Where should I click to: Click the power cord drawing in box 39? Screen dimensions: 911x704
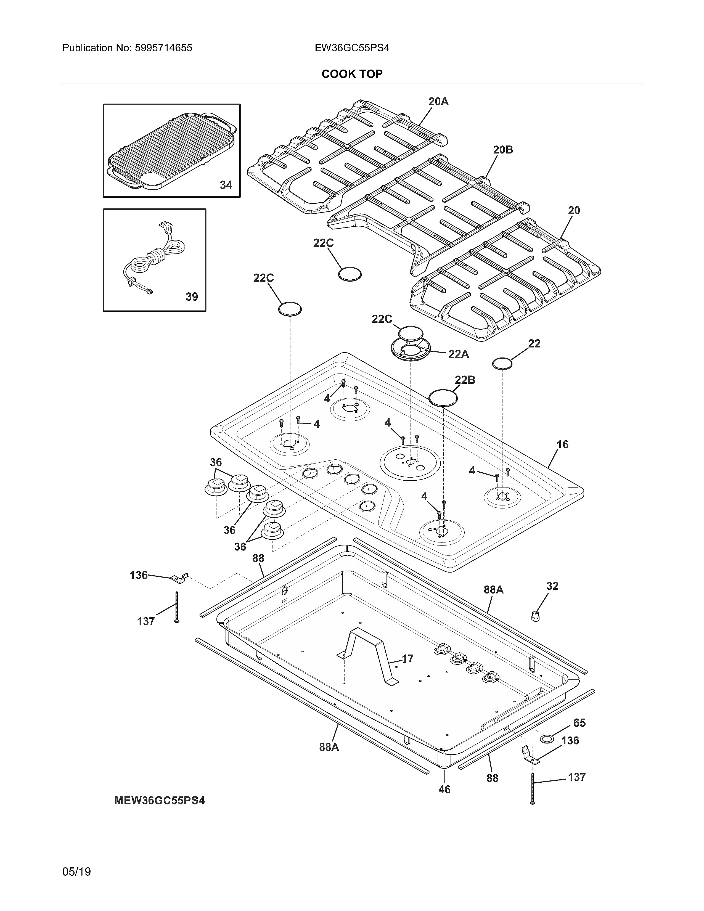pyautogui.click(x=154, y=259)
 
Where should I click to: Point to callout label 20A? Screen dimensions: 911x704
pyautogui.click(x=438, y=101)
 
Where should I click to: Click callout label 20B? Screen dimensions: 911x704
pyautogui.click(x=503, y=150)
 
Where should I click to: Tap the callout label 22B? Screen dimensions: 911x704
pyautogui.click(x=465, y=380)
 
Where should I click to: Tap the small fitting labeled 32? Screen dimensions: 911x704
pyautogui.click(x=534, y=615)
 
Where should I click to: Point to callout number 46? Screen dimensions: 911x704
pyautogui.click(x=444, y=790)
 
